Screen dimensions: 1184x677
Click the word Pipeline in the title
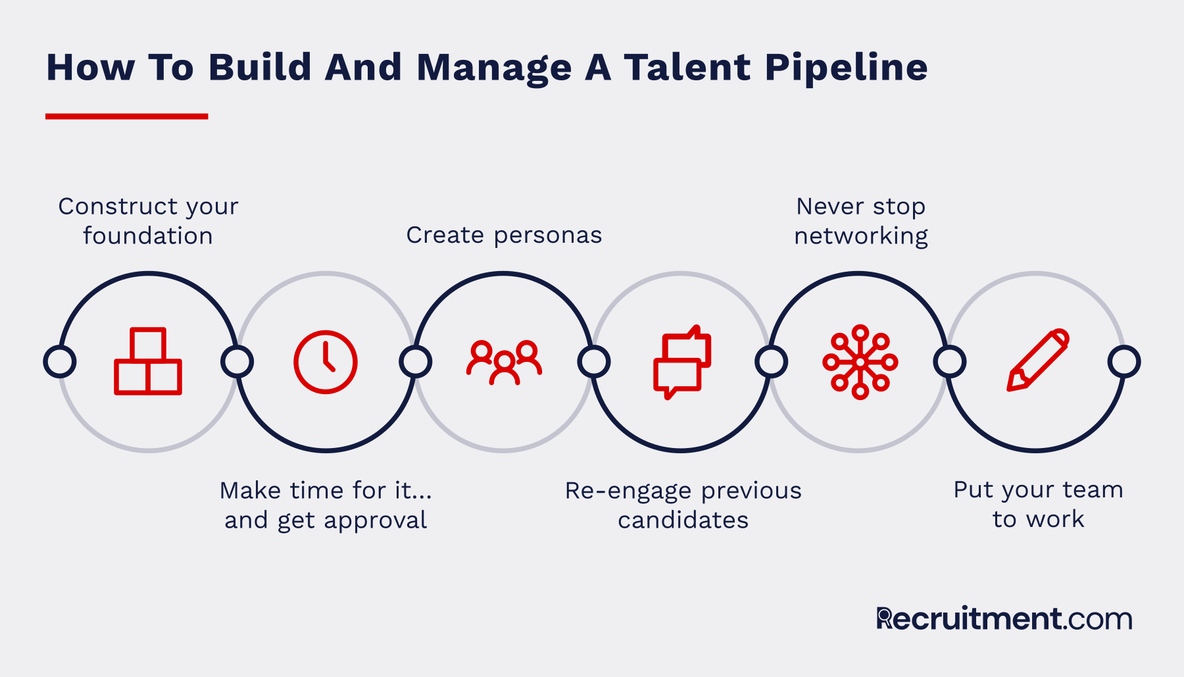(x=846, y=68)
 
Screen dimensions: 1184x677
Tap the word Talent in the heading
(x=687, y=67)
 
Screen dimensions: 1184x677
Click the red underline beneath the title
(x=127, y=116)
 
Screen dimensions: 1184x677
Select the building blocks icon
(x=148, y=361)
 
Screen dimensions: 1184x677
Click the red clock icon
(x=326, y=362)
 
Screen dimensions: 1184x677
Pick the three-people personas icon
(x=504, y=362)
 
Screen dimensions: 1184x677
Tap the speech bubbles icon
(x=682, y=362)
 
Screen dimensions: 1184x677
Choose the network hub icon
(x=860, y=362)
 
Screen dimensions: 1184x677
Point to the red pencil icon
(x=1038, y=361)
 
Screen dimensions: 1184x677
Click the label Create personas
(x=504, y=235)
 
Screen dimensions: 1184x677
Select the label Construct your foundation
(x=148, y=221)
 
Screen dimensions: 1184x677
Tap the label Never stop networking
(x=861, y=221)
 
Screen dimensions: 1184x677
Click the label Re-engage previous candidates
(x=683, y=505)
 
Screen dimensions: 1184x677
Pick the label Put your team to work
(x=1039, y=505)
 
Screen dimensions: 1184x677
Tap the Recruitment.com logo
(x=1004, y=618)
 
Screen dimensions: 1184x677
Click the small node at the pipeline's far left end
(x=60, y=362)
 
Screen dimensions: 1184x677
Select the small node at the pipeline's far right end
(x=1124, y=362)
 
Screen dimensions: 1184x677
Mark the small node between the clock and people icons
(x=416, y=362)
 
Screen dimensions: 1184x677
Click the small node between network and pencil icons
(x=950, y=362)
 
